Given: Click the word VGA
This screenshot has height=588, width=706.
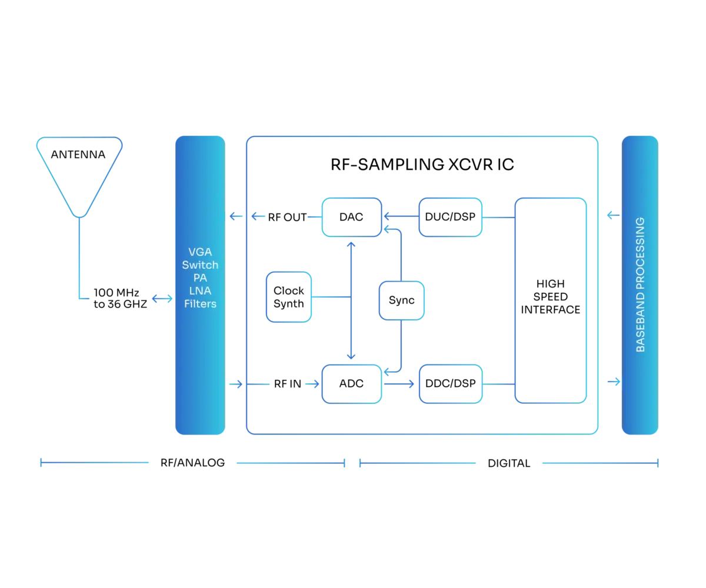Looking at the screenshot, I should [200, 252].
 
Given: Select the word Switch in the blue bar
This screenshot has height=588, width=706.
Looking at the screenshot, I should [200, 265].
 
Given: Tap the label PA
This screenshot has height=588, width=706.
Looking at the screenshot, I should [200, 278].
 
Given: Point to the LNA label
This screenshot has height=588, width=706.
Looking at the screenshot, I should [200, 290].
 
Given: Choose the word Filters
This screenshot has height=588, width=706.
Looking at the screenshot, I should [200, 303].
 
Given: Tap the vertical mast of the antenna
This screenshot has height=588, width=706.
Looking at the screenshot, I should [79, 259].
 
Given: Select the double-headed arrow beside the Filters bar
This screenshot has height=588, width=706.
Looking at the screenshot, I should [162, 299].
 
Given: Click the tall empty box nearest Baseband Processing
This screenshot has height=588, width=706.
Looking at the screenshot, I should [551, 300].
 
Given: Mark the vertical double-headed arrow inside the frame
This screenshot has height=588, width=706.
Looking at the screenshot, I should [351, 300].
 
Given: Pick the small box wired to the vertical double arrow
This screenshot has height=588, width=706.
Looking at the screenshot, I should [288, 297].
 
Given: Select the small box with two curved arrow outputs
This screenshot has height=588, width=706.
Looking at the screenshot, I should [401, 300].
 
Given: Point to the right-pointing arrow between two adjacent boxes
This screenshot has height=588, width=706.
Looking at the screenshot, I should [400, 384].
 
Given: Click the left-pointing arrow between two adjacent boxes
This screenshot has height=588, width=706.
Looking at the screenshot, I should [400, 218].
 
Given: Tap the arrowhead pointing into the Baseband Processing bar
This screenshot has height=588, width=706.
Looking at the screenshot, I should [615, 383].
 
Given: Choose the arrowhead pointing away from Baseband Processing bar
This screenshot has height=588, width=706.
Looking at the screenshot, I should [610, 216].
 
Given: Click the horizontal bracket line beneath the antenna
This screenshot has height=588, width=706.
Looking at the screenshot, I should [94, 463].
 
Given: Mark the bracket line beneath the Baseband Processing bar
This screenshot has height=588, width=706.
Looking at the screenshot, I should [599, 463].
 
